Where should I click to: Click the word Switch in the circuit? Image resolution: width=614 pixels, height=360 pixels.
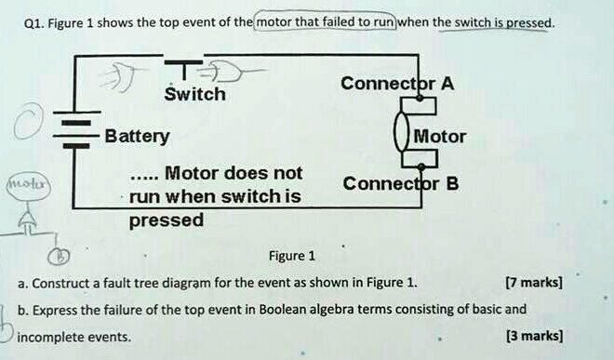(195, 94)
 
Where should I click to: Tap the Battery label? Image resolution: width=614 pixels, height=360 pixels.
(137, 136)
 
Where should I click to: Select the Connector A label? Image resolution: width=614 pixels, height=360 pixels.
(397, 84)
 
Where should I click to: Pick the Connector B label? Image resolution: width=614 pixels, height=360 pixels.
(401, 182)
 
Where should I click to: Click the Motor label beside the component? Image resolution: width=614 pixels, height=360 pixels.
(440, 136)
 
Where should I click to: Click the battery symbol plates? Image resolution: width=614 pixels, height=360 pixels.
(75, 132)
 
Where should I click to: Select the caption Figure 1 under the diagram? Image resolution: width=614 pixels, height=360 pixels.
(291, 256)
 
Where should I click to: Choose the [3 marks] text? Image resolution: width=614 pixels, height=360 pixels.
(533, 336)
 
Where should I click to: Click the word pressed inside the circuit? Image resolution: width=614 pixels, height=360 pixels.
(166, 220)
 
